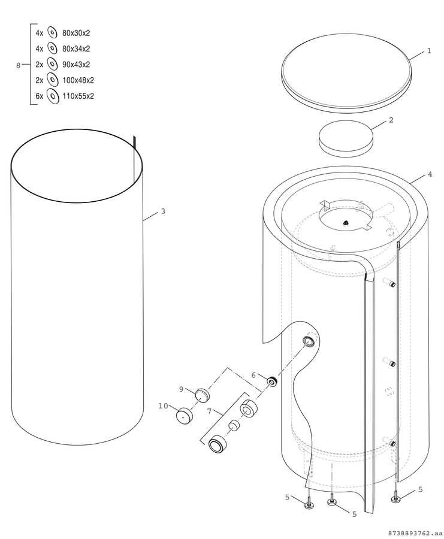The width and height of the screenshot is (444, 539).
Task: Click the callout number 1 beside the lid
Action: coord(429,51)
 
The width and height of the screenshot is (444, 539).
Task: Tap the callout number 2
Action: coord(391,120)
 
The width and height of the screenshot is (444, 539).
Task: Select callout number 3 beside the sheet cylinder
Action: coord(163,211)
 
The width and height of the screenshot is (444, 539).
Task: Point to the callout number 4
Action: coord(430,174)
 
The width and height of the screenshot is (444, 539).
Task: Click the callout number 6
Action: coord(254,375)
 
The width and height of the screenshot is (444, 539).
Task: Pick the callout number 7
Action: coord(210,411)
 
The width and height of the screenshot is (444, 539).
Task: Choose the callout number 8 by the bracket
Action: coord(18,65)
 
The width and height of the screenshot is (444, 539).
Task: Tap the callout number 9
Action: coord(181,389)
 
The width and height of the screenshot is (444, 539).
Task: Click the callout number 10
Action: coord(163,406)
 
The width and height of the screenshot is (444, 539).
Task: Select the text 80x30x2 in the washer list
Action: coord(76,33)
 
